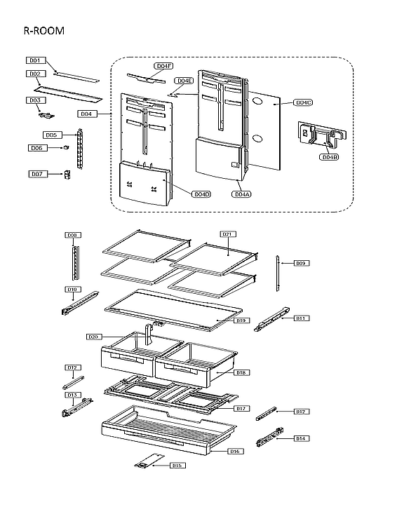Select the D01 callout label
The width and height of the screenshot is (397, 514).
point(36,60)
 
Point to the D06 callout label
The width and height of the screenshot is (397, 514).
point(37,148)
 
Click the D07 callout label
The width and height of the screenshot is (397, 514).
point(37,173)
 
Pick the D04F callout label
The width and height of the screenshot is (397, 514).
point(163,66)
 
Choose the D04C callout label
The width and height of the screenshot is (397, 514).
point(302,102)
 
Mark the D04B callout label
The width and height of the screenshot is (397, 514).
point(329,157)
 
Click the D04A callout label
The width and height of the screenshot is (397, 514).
point(242,194)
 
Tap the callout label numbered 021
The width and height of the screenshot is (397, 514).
point(228,234)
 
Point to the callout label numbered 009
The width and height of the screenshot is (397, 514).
point(301,263)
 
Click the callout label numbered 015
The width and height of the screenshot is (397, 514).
point(177,465)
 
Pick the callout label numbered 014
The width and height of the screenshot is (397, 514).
point(301,438)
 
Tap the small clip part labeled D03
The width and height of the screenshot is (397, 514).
point(48,114)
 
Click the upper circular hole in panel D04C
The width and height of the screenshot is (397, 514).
point(257,102)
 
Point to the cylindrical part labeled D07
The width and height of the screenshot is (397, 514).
point(68,173)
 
